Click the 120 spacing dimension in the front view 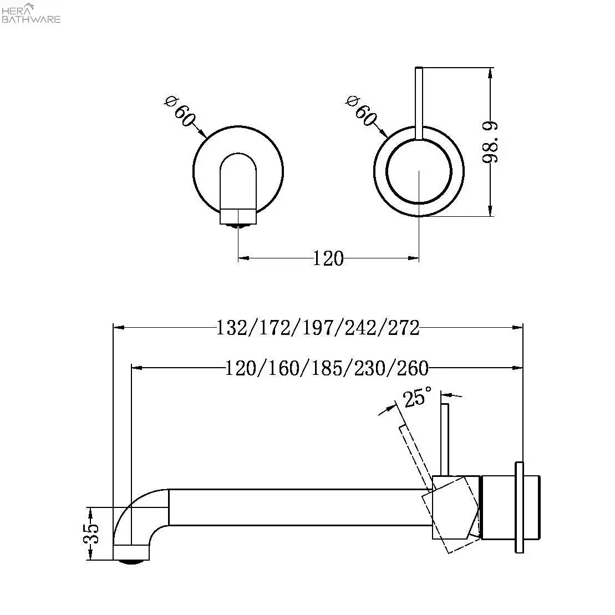(x=328, y=258)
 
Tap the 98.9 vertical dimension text (x=490, y=142)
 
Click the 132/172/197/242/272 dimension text (x=317, y=328)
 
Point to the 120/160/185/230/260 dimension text (x=327, y=368)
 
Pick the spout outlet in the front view (x=238, y=216)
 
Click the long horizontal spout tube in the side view (x=299, y=507)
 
